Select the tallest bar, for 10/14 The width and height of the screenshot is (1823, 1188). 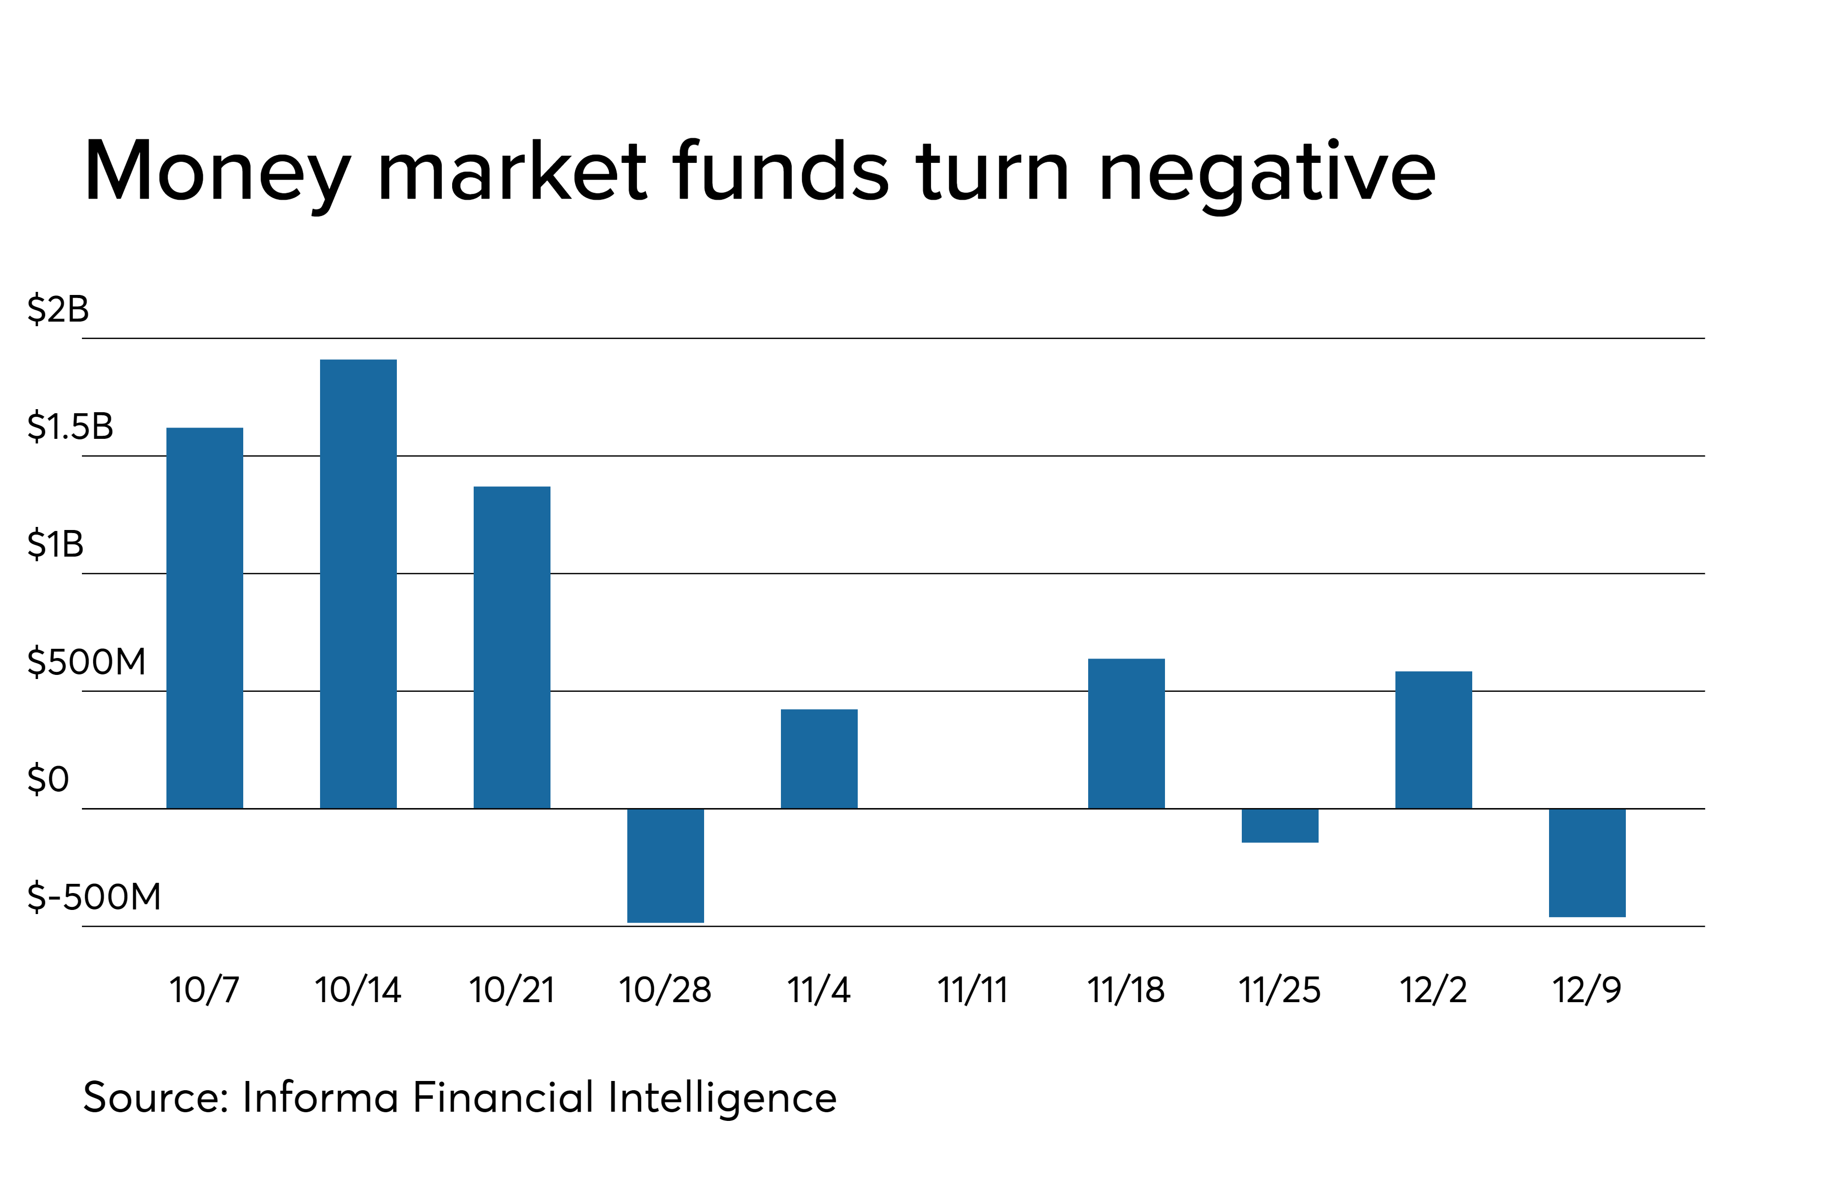(358, 584)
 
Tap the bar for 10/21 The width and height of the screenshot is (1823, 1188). (512, 647)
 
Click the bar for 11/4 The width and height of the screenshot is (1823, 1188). (819, 758)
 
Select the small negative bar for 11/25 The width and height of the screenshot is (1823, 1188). (1280, 825)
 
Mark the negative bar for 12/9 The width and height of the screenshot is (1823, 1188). (1587, 862)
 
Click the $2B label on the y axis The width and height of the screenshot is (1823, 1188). (58, 309)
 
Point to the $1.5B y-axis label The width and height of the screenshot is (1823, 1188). (70, 427)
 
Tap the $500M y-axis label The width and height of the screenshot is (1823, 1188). (86, 662)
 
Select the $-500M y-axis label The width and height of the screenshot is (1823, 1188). (93, 897)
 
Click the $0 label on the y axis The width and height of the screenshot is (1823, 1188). (48, 780)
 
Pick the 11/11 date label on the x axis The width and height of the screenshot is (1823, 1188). (972, 990)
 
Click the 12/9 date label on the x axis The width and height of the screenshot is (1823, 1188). (1586, 990)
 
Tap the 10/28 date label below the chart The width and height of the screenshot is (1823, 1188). (665, 990)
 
